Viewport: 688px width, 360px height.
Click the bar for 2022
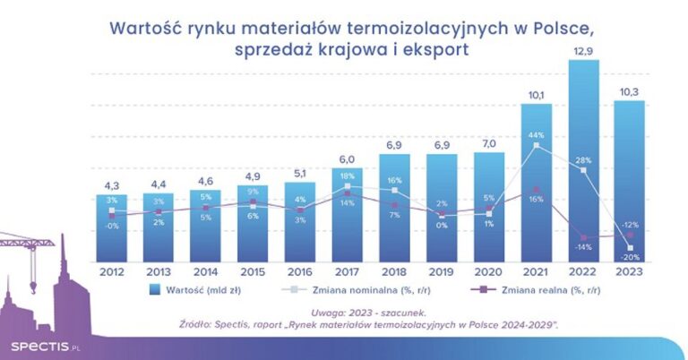(x=583, y=161)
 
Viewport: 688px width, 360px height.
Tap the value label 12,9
(x=583, y=52)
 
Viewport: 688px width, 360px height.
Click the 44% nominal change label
(x=536, y=133)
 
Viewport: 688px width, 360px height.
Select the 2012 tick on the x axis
(x=112, y=270)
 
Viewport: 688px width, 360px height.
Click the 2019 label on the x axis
(x=442, y=270)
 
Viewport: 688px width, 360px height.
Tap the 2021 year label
(x=536, y=270)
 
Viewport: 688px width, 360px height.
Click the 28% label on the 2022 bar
(x=583, y=160)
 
